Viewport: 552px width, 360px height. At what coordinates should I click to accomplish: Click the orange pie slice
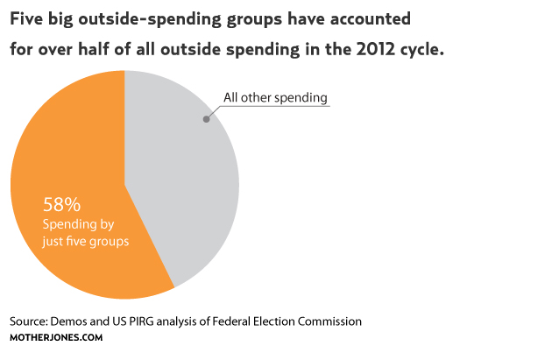[70, 149]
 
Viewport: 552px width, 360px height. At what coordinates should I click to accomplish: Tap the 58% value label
[62, 205]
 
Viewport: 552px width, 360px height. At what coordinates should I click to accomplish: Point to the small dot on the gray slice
[206, 117]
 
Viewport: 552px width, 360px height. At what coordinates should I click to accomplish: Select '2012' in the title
[381, 51]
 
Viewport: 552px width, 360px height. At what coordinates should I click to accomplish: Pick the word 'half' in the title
[110, 51]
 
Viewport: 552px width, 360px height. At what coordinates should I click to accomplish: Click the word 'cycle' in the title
[423, 51]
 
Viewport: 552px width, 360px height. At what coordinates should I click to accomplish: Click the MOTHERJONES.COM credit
[57, 337]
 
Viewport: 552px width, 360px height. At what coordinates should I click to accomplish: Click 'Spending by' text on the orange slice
[79, 224]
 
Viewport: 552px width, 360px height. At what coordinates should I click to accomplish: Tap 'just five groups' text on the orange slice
[86, 240]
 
